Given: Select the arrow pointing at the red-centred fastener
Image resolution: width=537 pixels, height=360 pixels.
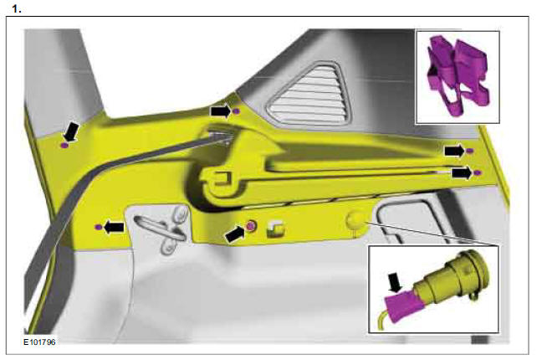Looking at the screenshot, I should pyautogui.click(x=237, y=234).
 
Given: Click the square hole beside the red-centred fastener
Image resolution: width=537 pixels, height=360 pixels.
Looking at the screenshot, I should pyautogui.click(x=273, y=229).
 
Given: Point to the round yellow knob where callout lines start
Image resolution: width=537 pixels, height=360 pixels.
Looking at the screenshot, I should pyautogui.click(x=355, y=220).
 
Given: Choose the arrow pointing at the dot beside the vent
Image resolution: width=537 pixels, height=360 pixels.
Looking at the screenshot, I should pyautogui.click(x=219, y=110).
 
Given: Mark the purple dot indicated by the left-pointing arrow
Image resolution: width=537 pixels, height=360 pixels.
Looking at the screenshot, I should pyautogui.click(x=99, y=227).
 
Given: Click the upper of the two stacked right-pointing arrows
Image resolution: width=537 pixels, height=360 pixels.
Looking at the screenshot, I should pyautogui.click(x=454, y=150).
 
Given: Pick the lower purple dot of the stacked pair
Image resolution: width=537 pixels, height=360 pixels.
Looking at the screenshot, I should pyautogui.click(x=478, y=172).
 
